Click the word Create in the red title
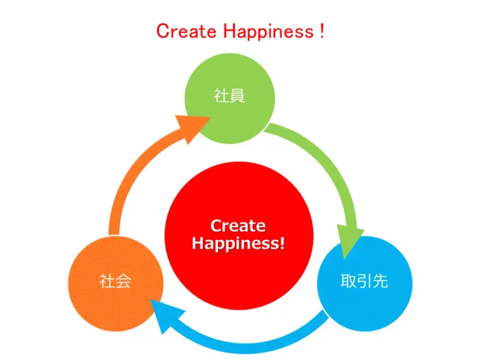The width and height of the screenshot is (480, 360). click(186, 31)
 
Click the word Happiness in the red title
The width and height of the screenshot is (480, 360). click(268, 32)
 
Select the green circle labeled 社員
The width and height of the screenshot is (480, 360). click(229, 98)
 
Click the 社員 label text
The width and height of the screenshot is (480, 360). click(229, 96)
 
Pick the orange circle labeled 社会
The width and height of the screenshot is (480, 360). click(116, 284)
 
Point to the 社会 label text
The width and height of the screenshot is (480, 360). click(115, 281)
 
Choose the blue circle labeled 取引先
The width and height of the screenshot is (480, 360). click(365, 284)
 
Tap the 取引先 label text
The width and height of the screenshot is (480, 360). click(364, 281)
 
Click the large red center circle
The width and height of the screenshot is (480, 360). click(239, 236)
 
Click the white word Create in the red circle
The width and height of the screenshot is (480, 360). click(238, 226)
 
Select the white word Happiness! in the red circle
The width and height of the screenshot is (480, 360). click(238, 243)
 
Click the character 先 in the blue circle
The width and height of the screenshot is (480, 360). click(380, 281)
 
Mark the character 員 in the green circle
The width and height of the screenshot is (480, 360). click(237, 96)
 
